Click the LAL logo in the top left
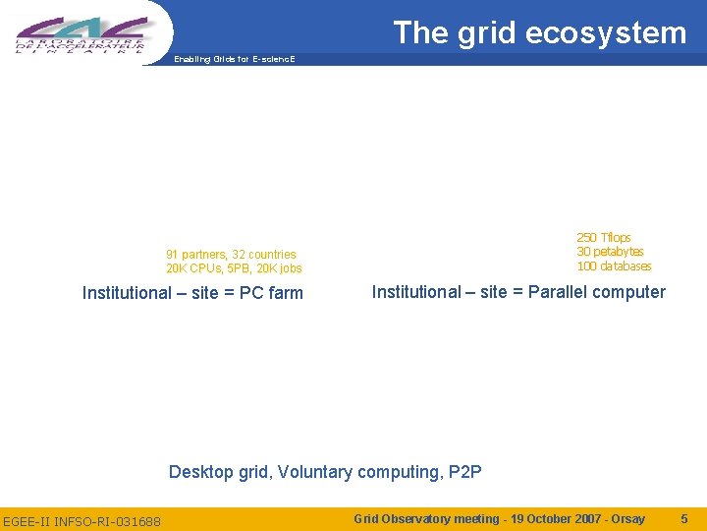(x=82, y=33)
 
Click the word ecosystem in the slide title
(x=606, y=33)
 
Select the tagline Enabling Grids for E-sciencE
(x=234, y=59)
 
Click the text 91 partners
(x=195, y=255)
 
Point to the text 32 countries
(x=264, y=255)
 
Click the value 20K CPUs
(x=193, y=268)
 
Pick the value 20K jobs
(x=279, y=268)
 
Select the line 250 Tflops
(x=604, y=238)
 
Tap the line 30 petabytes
(x=610, y=252)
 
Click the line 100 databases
(x=614, y=266)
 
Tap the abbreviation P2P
(x=464, y=472)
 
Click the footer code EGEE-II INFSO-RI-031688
(x=82, y=520)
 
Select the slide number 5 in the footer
(x=684, y=518)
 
